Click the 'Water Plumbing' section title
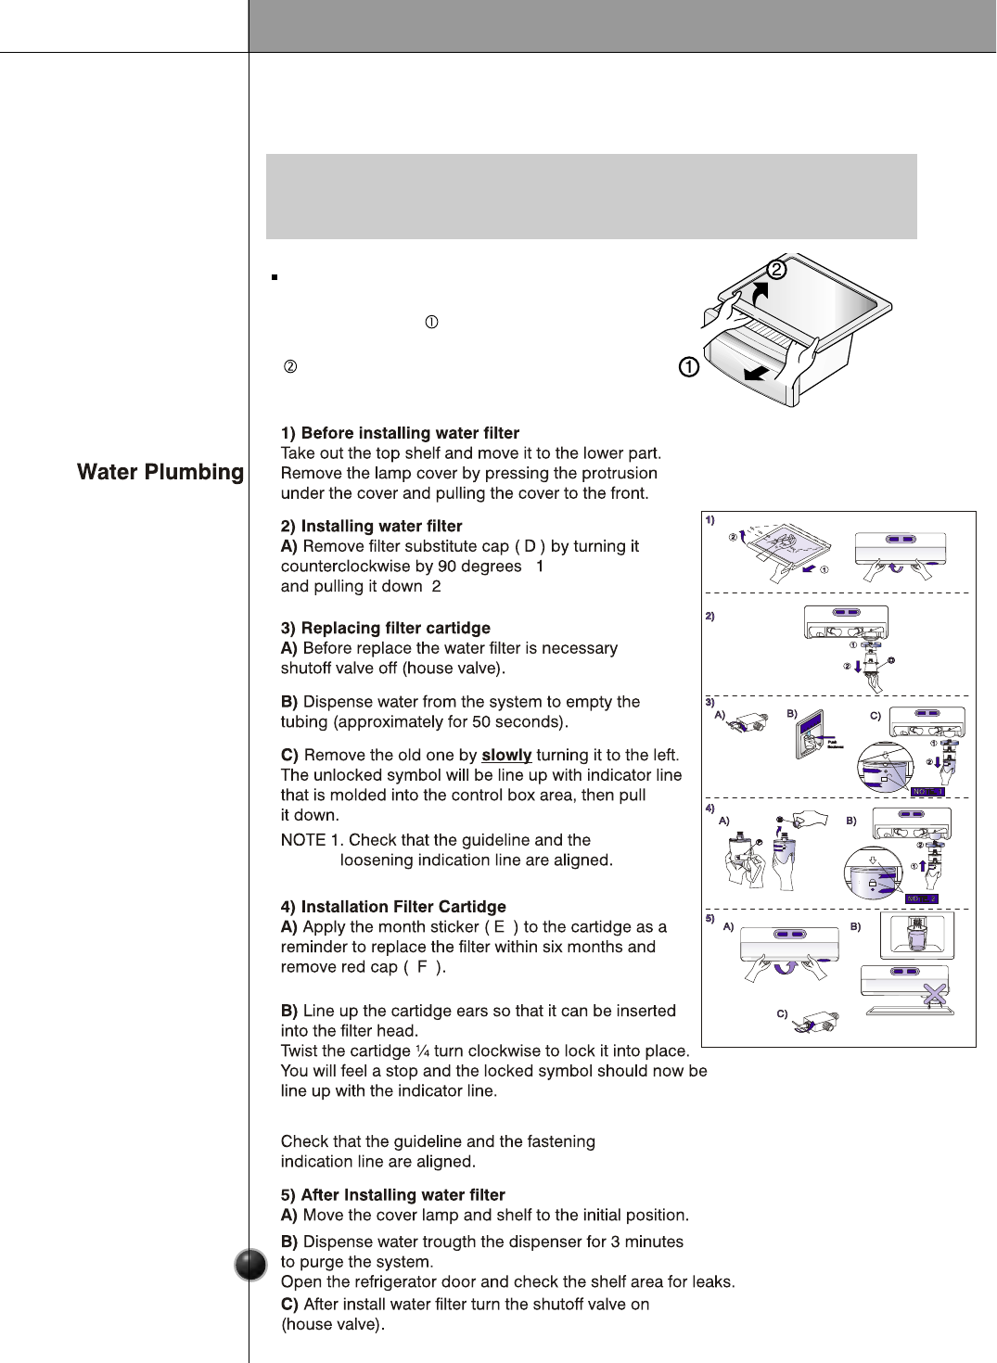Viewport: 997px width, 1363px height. pos(160,472)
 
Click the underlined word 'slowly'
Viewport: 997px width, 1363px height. pos(506,755)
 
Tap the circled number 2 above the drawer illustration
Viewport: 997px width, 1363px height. pos(776,269)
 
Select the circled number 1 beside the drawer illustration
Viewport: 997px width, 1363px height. pos(689,367)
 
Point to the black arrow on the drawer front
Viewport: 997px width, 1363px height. pos(756,373)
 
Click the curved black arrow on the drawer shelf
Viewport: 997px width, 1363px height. pos(760,293)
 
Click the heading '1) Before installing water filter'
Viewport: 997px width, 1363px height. pos(400,433)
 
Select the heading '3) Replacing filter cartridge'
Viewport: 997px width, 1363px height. pos(386,628)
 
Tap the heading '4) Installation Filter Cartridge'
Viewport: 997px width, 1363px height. pos(393,907)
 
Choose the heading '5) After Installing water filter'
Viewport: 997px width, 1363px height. pos(393,1195)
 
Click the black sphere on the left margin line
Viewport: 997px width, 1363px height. pos(250,1265)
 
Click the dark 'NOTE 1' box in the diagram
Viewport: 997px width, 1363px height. pos(927,792)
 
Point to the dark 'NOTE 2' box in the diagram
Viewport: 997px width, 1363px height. pos(921,898)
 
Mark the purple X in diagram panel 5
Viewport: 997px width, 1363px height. pos(935,994)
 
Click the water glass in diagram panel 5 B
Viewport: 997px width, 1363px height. pos(917,936)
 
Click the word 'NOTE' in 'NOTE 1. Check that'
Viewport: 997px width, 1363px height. pos(303,840)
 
